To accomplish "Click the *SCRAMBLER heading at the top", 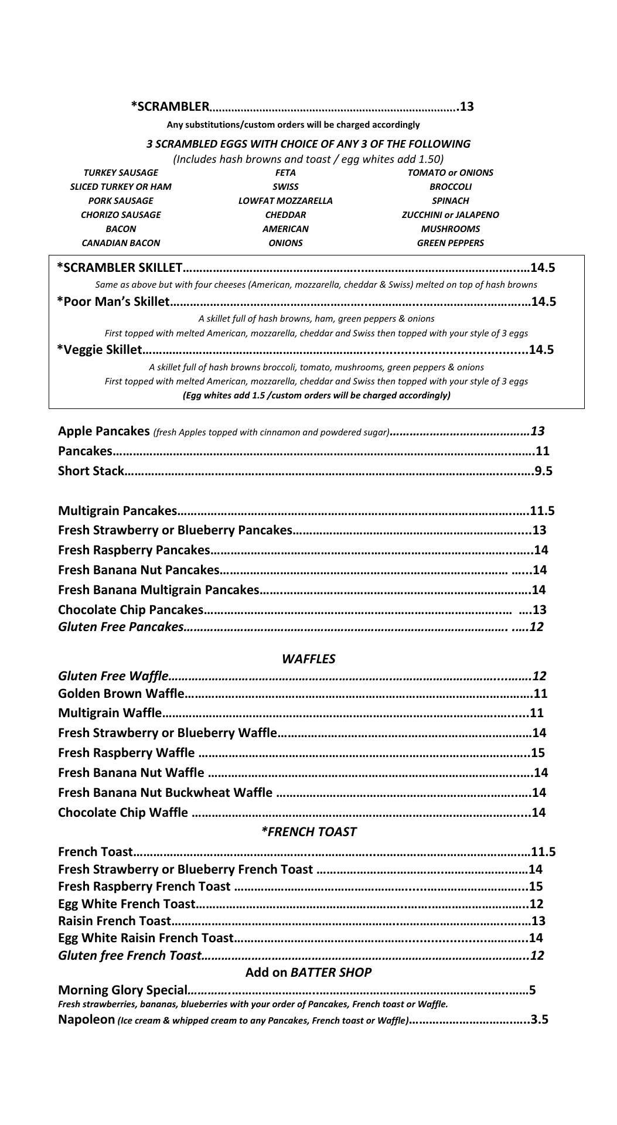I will (x=170, y=106).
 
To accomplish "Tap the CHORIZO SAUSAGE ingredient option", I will (x=121, y=215).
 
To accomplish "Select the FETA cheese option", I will (x=285, y=173).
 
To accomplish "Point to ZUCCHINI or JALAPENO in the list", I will (x=450, y=215).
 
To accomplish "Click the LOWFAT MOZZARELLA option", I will (x=285, y=201).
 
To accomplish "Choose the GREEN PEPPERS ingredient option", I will (x=450, y=243).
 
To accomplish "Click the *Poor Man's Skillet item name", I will (x=113, y=302).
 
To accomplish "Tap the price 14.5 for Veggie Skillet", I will (x=541, y=350).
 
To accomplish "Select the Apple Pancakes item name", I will (x=104, y=431).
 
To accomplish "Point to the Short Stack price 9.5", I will (x=544, y=471).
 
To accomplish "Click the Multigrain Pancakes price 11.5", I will (x=543, y=511).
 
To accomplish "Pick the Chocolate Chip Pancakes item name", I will (x=131, y=609).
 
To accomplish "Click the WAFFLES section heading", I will (x=308, y=659).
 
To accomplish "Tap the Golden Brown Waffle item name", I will (x=121, y=694).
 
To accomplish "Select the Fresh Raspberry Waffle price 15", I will (x=537, y=753).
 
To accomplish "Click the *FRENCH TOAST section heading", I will (x=308, y=832).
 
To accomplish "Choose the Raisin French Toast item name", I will (x=114, y=921).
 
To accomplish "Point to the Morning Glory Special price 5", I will (x=532, y=990).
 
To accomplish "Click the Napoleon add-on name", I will (x=86, y=1020).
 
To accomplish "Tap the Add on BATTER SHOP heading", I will (x=308, y=973).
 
